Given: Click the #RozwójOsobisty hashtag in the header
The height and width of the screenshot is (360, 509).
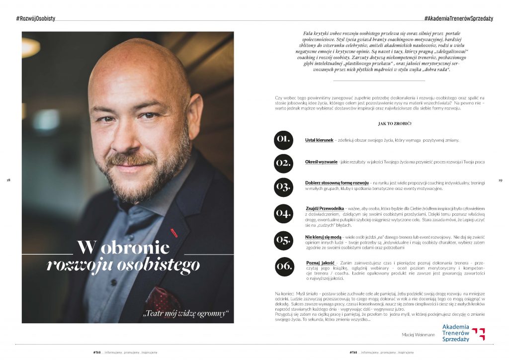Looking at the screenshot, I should pos(35,18).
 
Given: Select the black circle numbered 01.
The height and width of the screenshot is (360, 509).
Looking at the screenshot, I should pos(283,140).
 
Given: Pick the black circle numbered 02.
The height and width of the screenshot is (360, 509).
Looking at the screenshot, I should pos(283,162).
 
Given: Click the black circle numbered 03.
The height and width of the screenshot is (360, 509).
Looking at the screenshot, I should pos(283,186).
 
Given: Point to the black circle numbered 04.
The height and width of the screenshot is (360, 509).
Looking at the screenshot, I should pos(283,213).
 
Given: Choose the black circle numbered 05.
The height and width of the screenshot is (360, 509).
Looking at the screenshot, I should pos(283,240).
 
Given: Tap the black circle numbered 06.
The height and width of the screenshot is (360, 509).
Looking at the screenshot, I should pos(283,266).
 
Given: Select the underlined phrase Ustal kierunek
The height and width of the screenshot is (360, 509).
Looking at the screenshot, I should pos(319,140).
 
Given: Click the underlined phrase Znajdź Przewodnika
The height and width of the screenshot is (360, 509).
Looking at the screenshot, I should pos(326,208).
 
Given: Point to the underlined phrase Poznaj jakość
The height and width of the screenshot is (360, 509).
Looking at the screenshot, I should pos(321,263).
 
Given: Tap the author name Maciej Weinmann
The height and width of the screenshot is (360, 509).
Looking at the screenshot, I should pos(417,335).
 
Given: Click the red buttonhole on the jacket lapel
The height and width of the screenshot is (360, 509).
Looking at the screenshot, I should pos(174,231).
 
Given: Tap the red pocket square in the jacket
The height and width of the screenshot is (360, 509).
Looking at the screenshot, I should pos(162,299).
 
